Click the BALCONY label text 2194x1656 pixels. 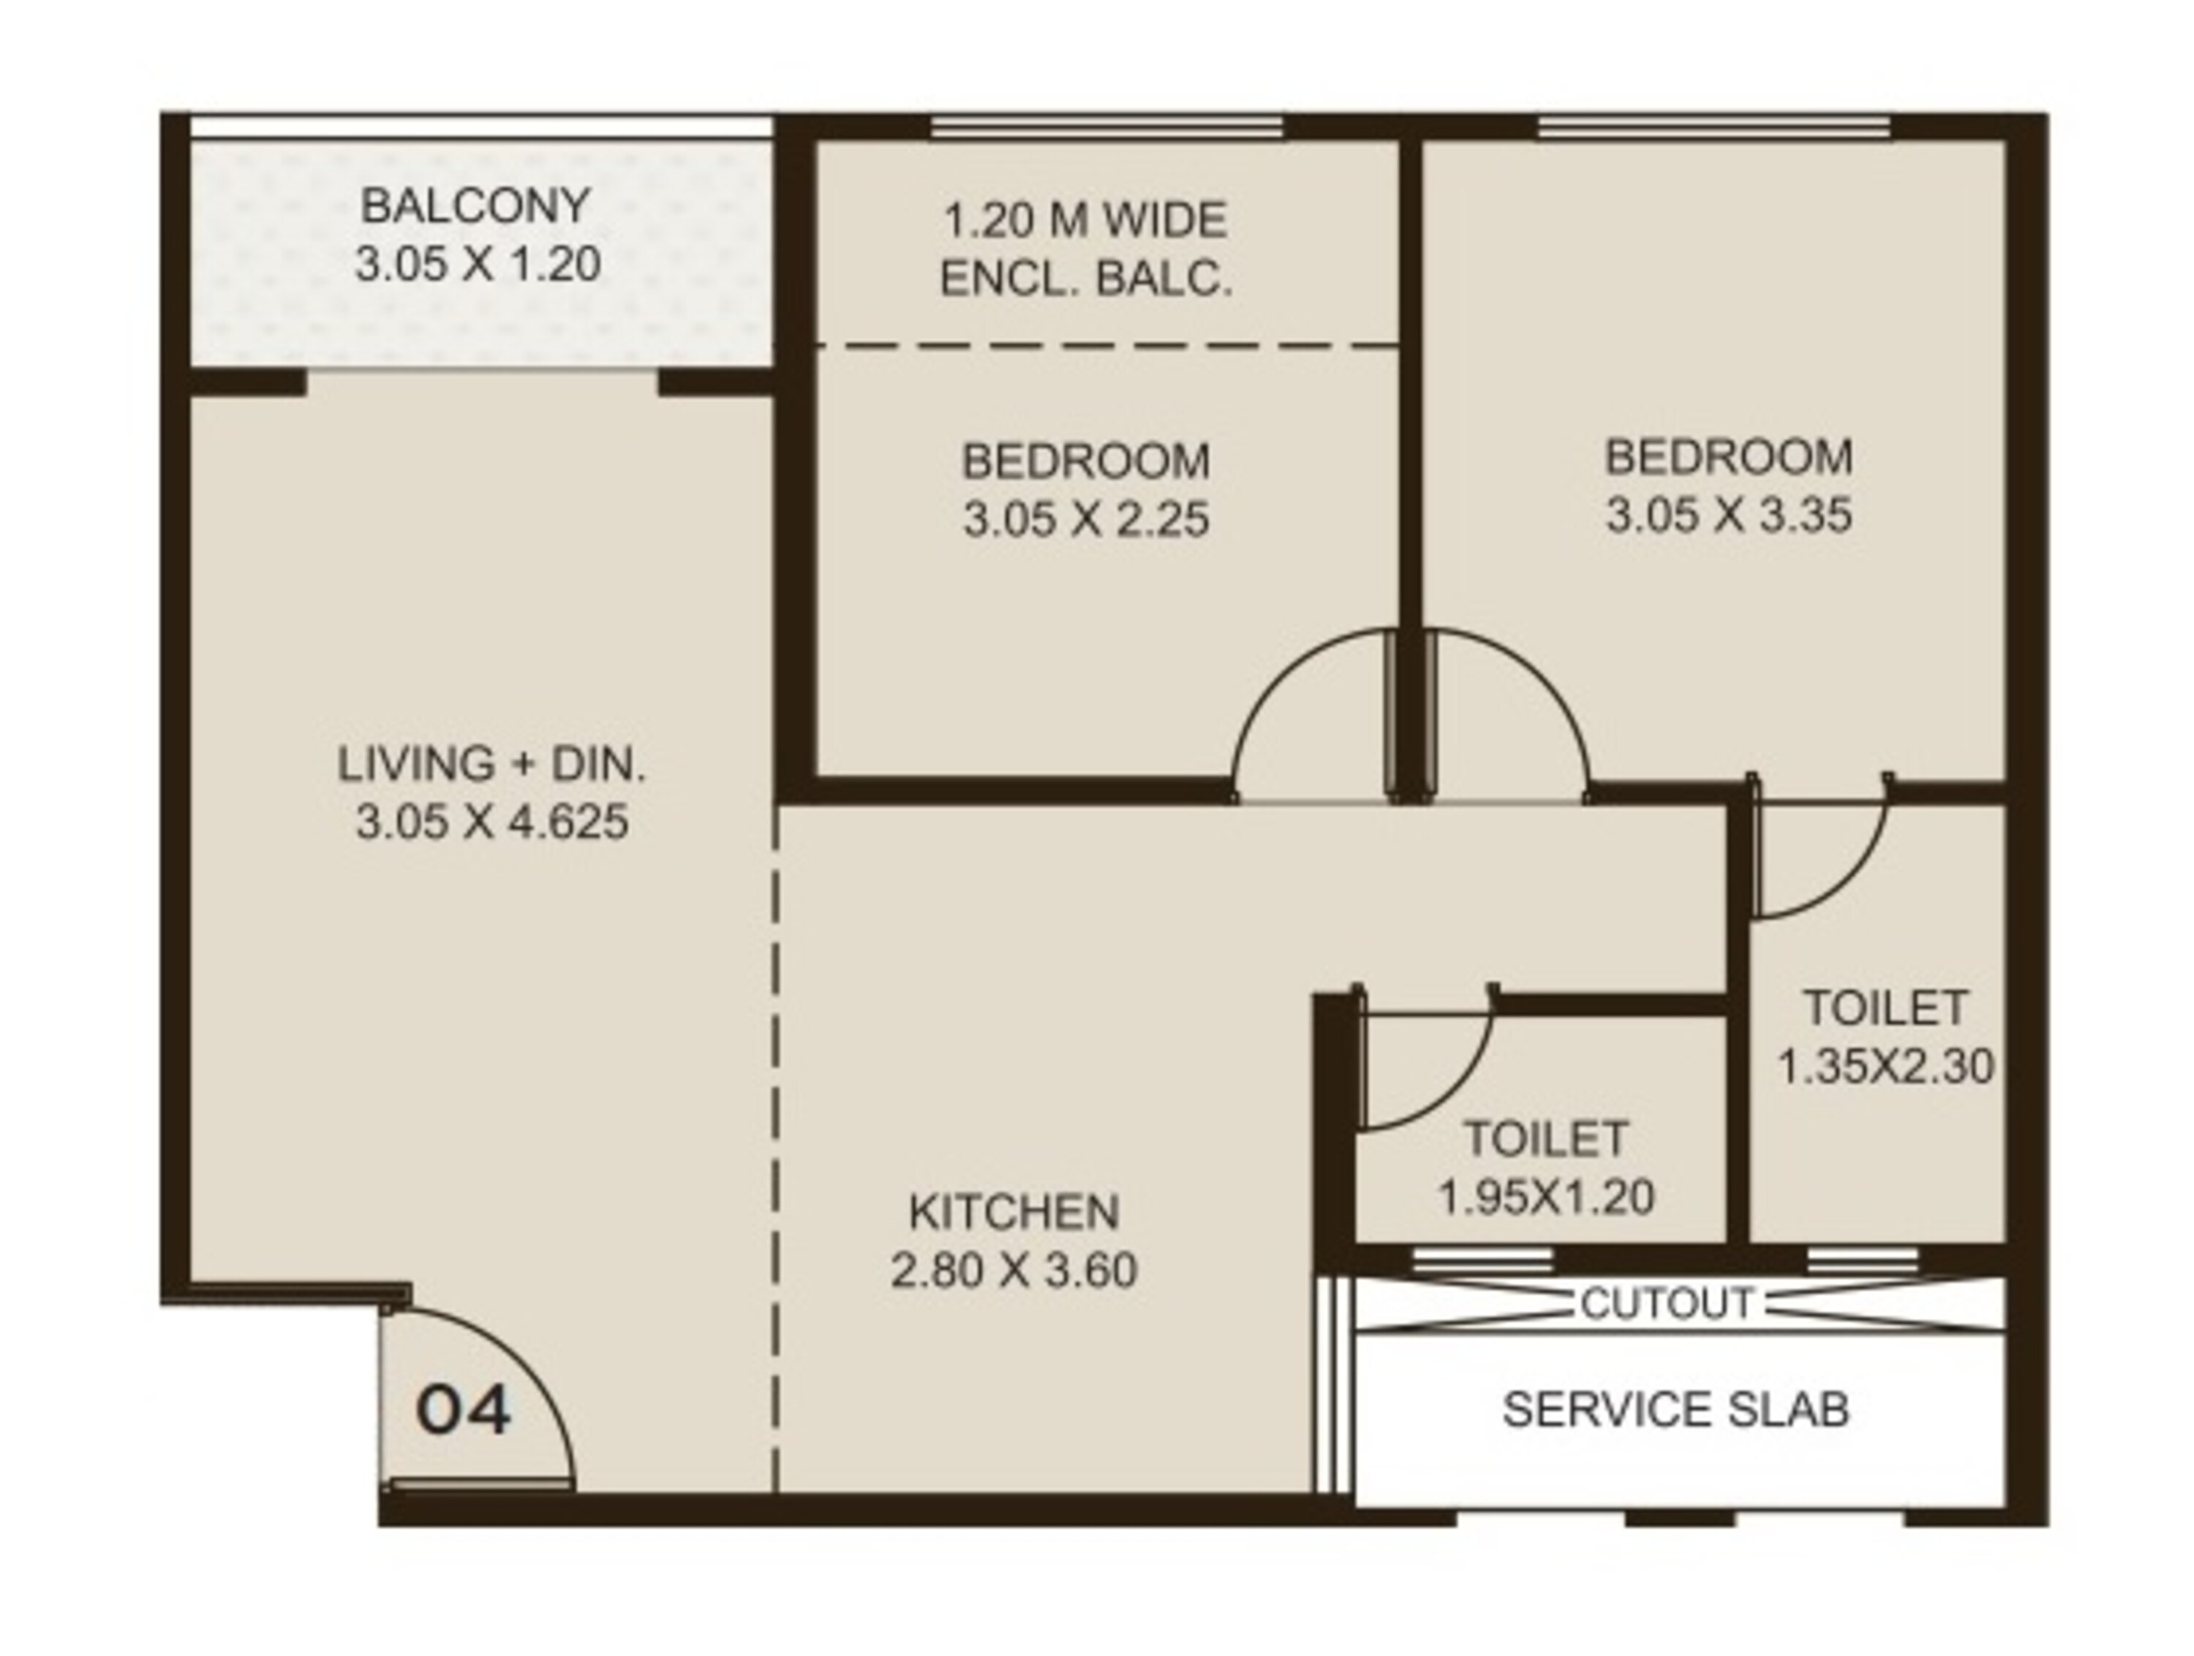click(475, 206)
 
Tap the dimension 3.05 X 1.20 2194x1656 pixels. click(478, 265)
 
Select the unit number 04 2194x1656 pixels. click(463, 1411)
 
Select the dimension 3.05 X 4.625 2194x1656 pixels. click(492, 822)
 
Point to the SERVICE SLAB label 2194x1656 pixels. click(1675, 1409)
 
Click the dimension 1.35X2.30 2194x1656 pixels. click(1885, 1067)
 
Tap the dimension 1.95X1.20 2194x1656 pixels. click(1546, 1197)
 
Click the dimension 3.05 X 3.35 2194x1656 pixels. click(1729, 515)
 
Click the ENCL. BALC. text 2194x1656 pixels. click(1086, 279)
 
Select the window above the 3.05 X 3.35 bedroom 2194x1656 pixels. click(1713, 128)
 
